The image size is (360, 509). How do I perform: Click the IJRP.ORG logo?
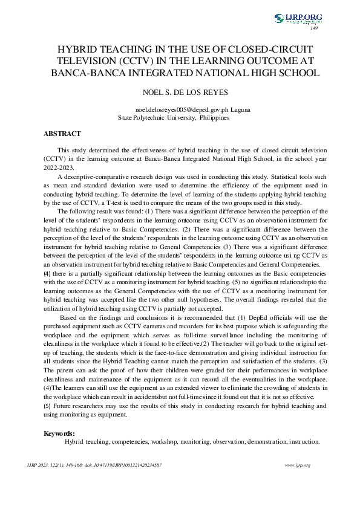(298, 19)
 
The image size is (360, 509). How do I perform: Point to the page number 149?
(314, 28)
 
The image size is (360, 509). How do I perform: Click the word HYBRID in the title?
(80, 51)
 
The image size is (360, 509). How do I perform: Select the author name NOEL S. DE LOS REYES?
(180, 94)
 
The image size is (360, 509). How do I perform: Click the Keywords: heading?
(59, 433)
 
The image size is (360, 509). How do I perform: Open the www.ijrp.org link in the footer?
(298, 465)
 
